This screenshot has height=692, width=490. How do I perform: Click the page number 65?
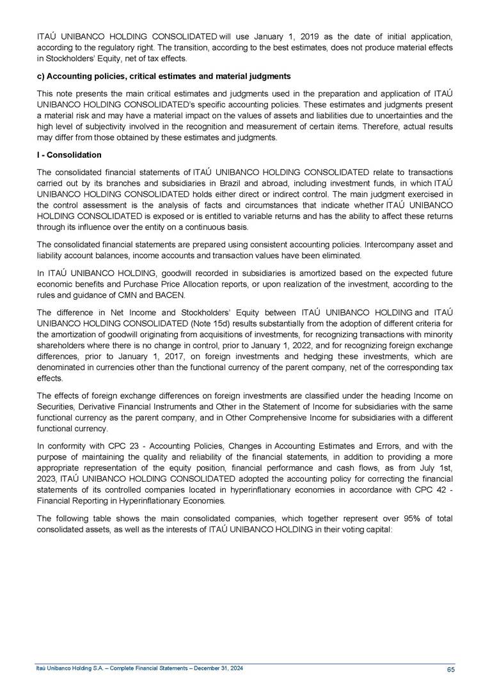pos(450,669)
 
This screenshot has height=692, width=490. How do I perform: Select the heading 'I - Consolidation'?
pos(69,155)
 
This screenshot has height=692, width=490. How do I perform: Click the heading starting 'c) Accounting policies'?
pos(164,77)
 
